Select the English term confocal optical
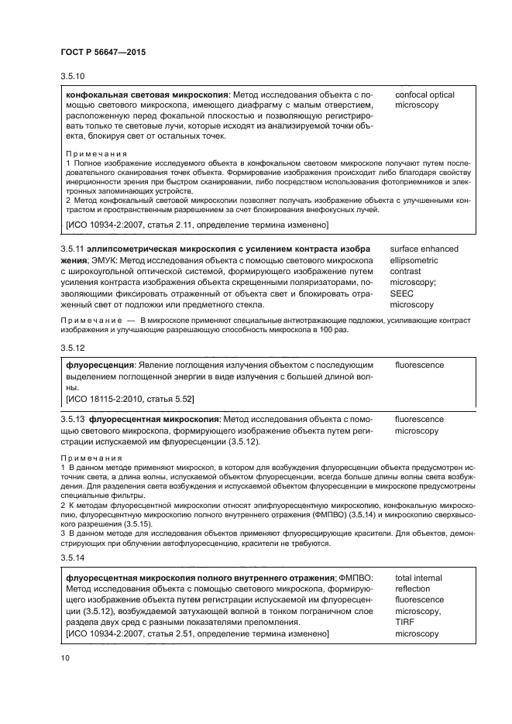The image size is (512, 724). click(x=424, y=94)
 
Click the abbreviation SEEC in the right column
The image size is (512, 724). click(x=403, y=294)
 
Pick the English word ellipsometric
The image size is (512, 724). click(x=419, y=261)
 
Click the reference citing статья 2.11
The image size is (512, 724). click(x=198, y=225)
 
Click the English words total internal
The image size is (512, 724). click(x=418, y=578)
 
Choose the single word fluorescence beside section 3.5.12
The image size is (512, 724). click(x=419, y=364)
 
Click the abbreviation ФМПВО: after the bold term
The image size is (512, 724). click(x=356, y=578)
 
